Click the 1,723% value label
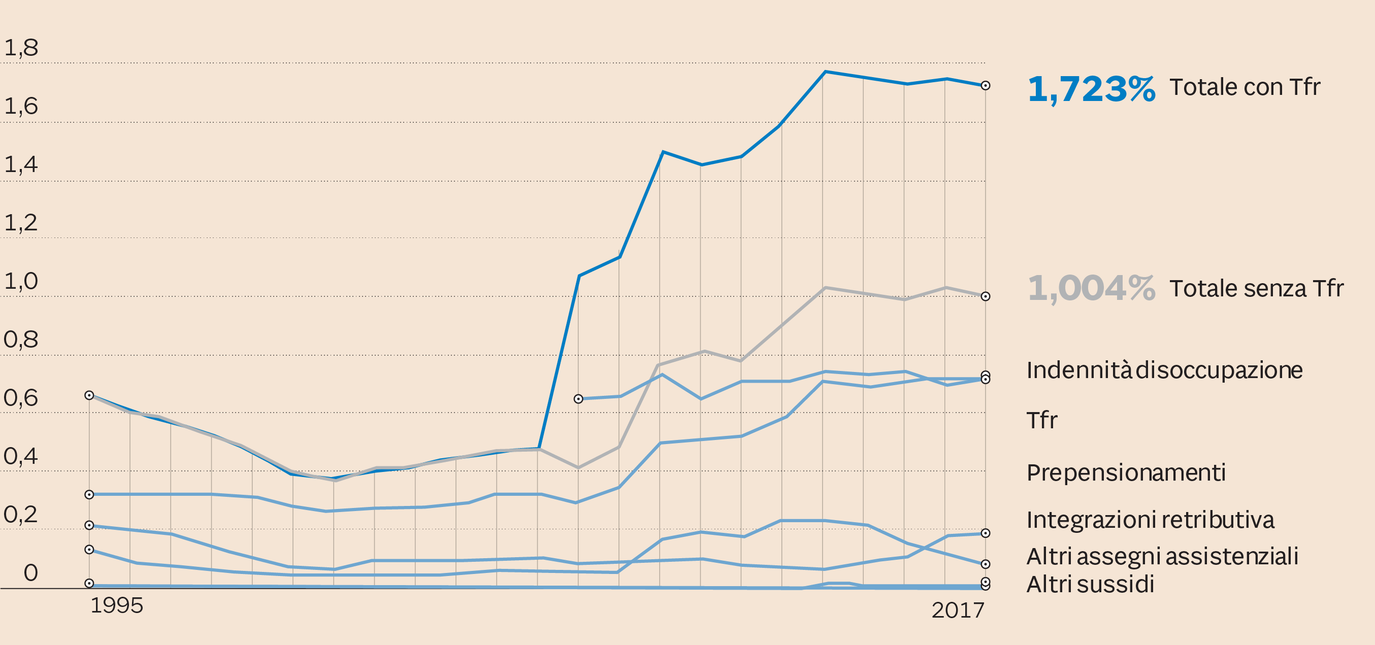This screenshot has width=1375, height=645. pos(1091,89)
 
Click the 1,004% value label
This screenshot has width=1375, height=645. pos(1091,289)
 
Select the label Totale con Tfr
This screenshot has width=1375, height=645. pos(1245,87)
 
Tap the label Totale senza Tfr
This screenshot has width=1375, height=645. pos(1256,289)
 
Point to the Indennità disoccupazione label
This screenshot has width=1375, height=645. pos(1164,370)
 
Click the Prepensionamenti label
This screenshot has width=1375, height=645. pos(1126,472)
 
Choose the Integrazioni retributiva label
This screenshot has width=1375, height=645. pos(1150,520)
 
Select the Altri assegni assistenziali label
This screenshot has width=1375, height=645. pos(1162,556)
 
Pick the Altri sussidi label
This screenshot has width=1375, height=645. pos(1090,584)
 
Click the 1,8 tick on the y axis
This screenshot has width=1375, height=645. pos(21,48)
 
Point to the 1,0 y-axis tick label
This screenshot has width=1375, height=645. pos(21,281)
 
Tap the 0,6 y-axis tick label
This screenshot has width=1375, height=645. pos(21,398)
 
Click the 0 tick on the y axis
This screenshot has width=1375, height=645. pos(31,573)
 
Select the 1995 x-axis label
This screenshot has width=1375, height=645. pos(117,605)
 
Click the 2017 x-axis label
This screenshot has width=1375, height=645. pos(958,610)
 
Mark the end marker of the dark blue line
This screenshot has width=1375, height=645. pos(986,86)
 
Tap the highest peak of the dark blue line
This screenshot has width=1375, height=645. pos(825,72)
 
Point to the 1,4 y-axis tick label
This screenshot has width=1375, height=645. pos(21,165)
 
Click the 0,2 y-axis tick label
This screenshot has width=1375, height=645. pos(21,515)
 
